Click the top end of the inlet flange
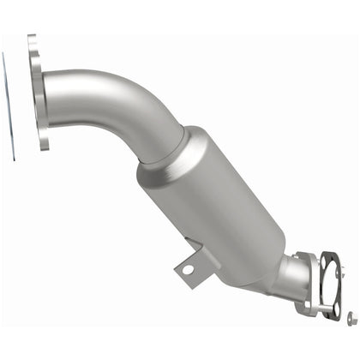[32, 38]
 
